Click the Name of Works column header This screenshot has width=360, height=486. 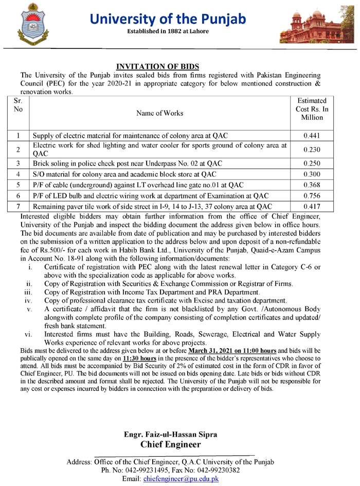(x=159, y=113)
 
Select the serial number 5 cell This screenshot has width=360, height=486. (x=17, y=185)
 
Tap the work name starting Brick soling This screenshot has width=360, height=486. (x=128, y=163)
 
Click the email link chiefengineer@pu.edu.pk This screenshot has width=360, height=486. (x=182, y=478)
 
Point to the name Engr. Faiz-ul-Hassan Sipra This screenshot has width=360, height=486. (x=170, y=434)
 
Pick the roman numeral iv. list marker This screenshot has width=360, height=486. (x=29, y=300)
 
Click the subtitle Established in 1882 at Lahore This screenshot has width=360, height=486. (x=169, y=33)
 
